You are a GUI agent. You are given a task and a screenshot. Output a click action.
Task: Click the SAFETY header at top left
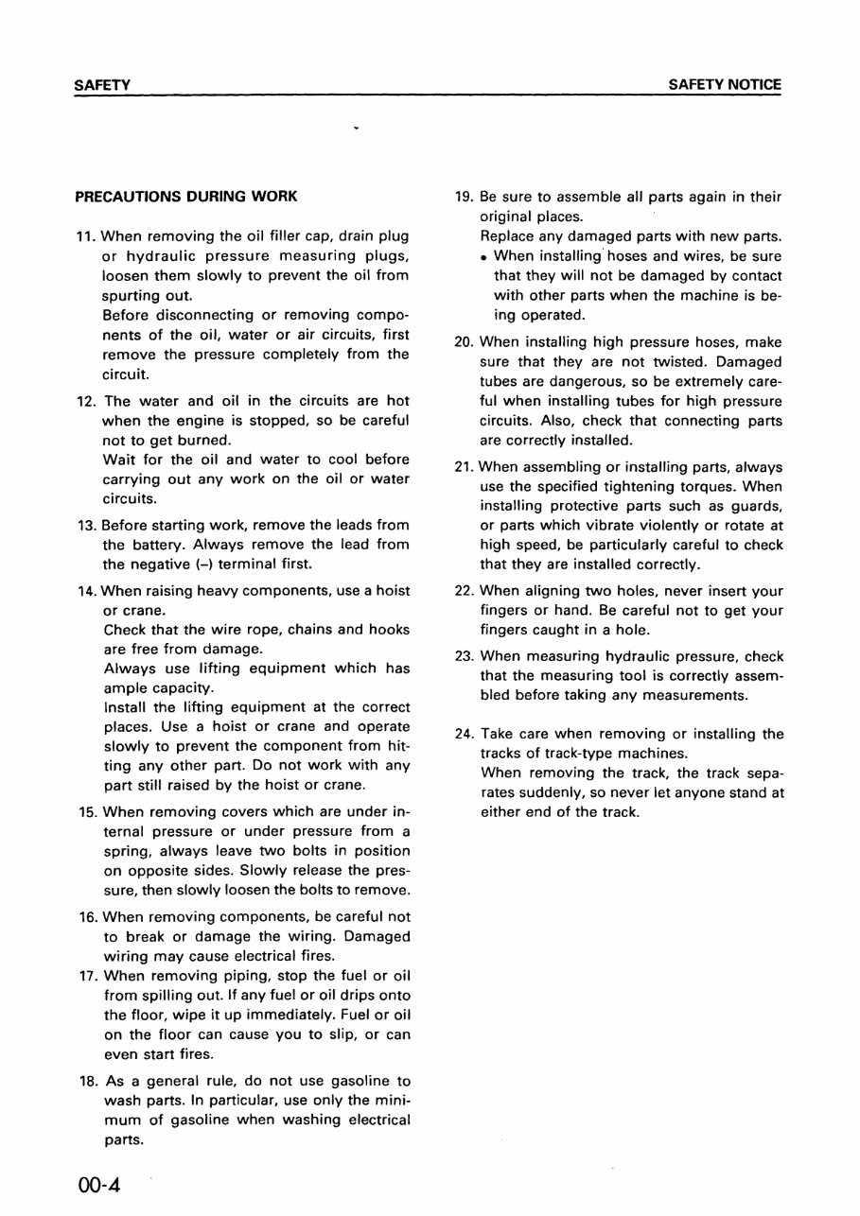click(x=102, y=84)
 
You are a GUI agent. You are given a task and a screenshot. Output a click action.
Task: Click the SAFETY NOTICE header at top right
click(x=725, y=84)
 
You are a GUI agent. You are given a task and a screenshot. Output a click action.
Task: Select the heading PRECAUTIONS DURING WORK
click(x=185, y=197)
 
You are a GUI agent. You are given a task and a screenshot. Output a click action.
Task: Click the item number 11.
click(x=86, y=236)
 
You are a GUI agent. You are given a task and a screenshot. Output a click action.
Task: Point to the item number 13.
click(x=86, y=525)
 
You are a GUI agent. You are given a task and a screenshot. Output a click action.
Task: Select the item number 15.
click(x=86, y=812)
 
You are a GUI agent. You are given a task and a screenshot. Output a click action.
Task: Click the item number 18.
click(x=86, y=1081)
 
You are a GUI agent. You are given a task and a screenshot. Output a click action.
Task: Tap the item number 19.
click(x=465, y=197)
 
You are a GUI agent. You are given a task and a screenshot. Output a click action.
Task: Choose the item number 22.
click(x=465, y=591)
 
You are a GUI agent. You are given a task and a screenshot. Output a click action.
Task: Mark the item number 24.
click(x=465, y=734)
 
